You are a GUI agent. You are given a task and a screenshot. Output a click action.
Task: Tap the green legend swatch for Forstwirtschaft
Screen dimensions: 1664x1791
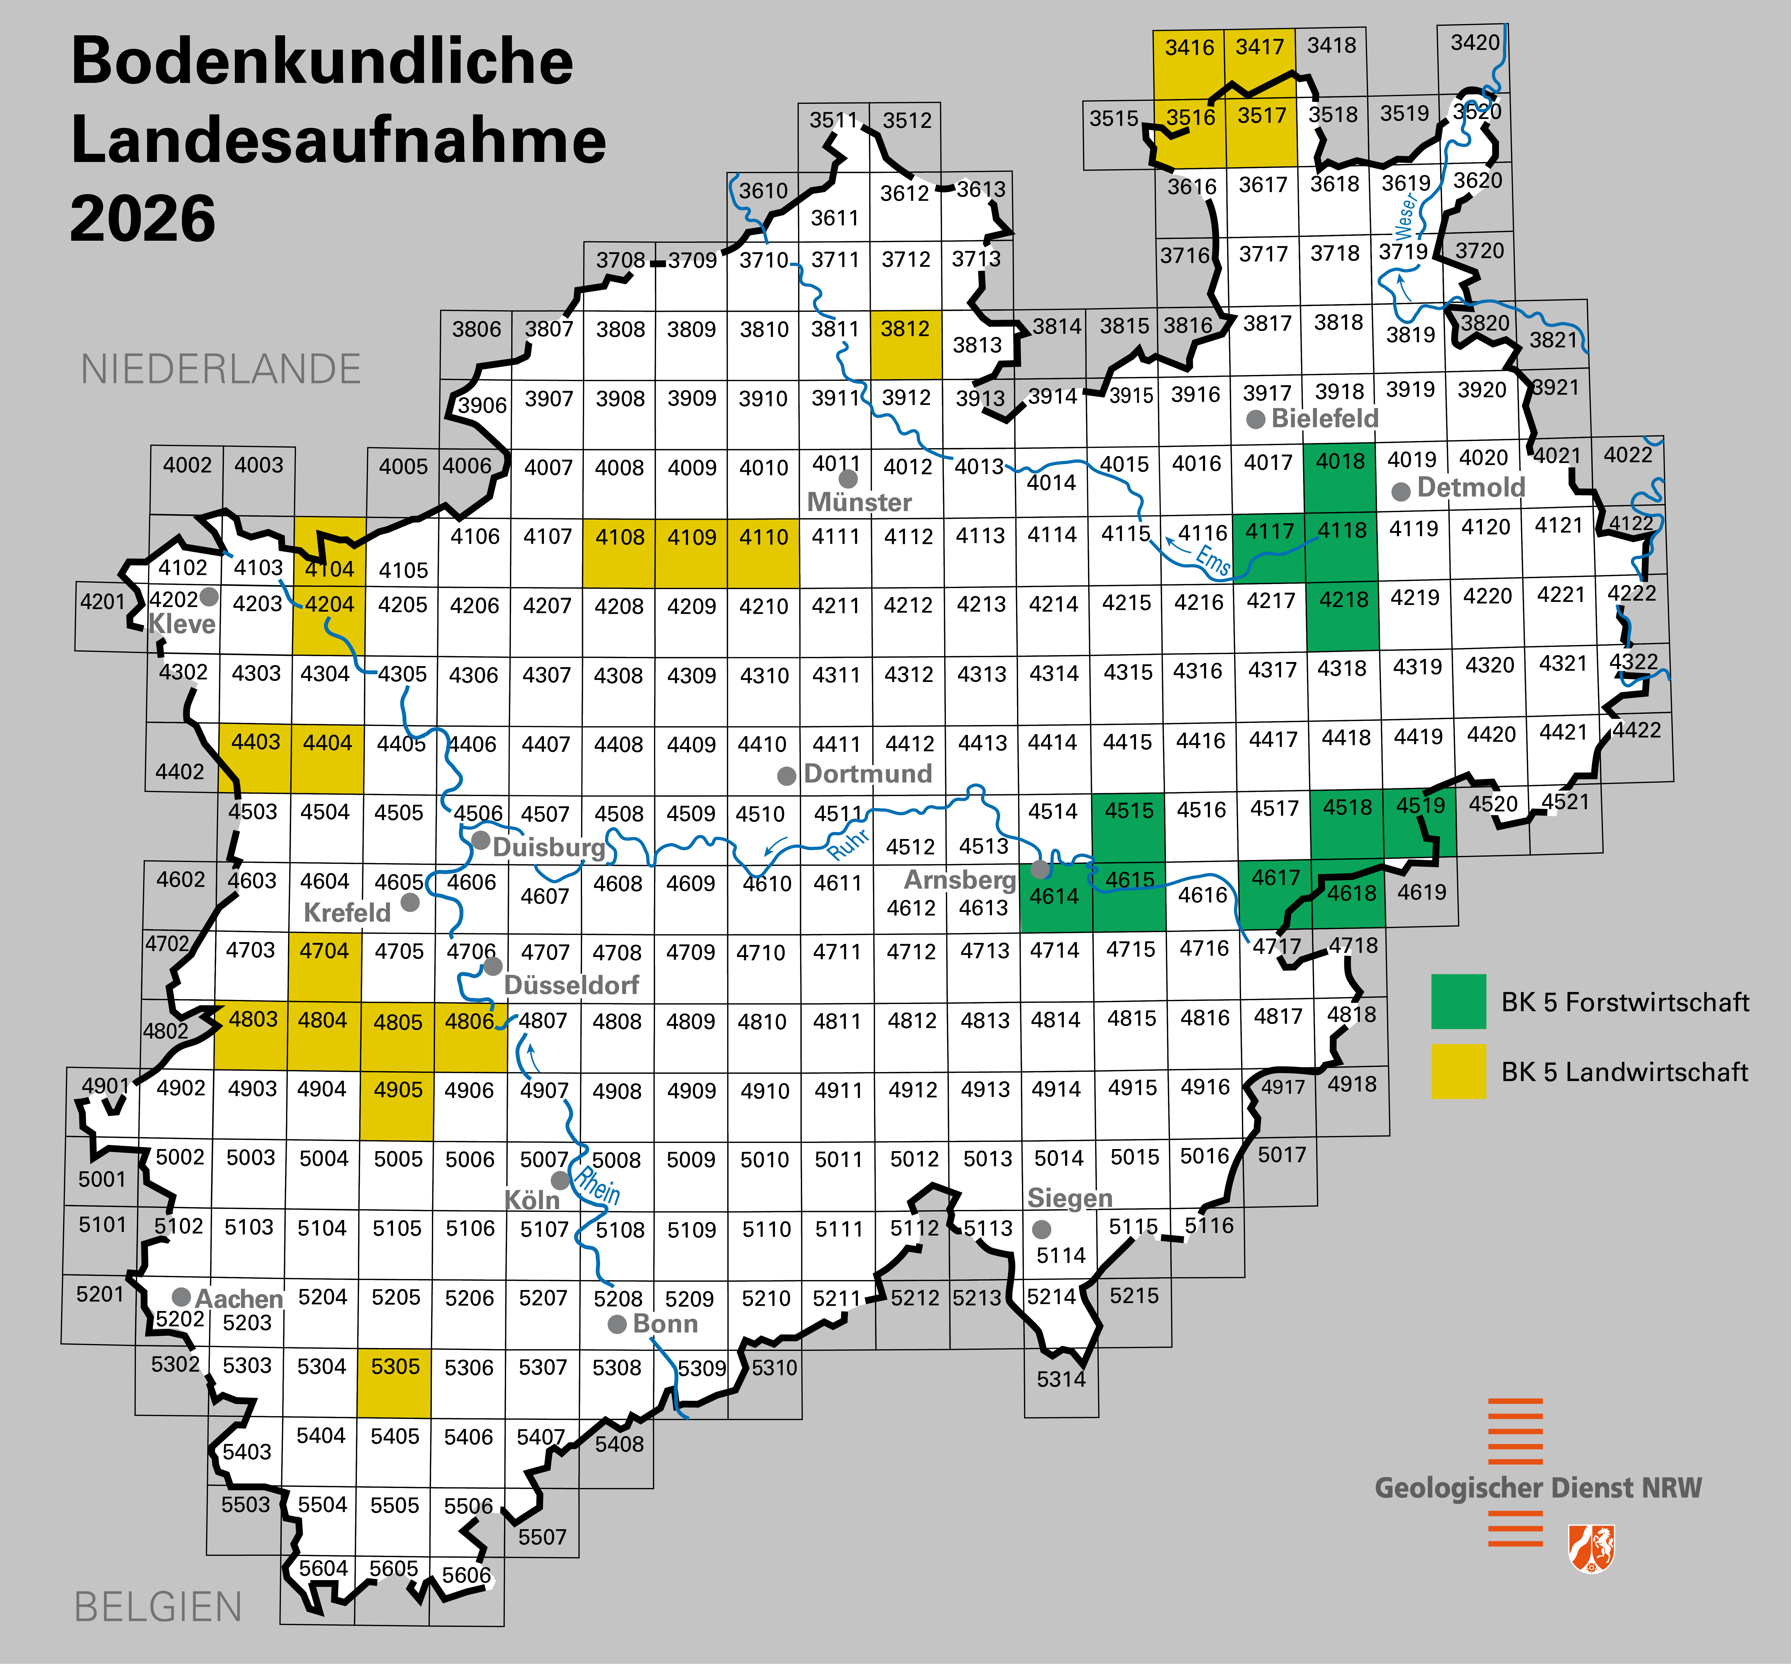[1458, 1001]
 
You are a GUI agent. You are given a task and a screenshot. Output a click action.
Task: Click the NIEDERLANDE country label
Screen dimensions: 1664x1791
[221, 369]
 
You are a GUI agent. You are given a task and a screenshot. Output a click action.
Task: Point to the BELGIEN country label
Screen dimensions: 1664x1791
[158, 1607]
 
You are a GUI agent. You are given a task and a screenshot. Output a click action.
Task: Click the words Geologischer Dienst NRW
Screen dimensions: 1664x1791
[1538, 1487]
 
